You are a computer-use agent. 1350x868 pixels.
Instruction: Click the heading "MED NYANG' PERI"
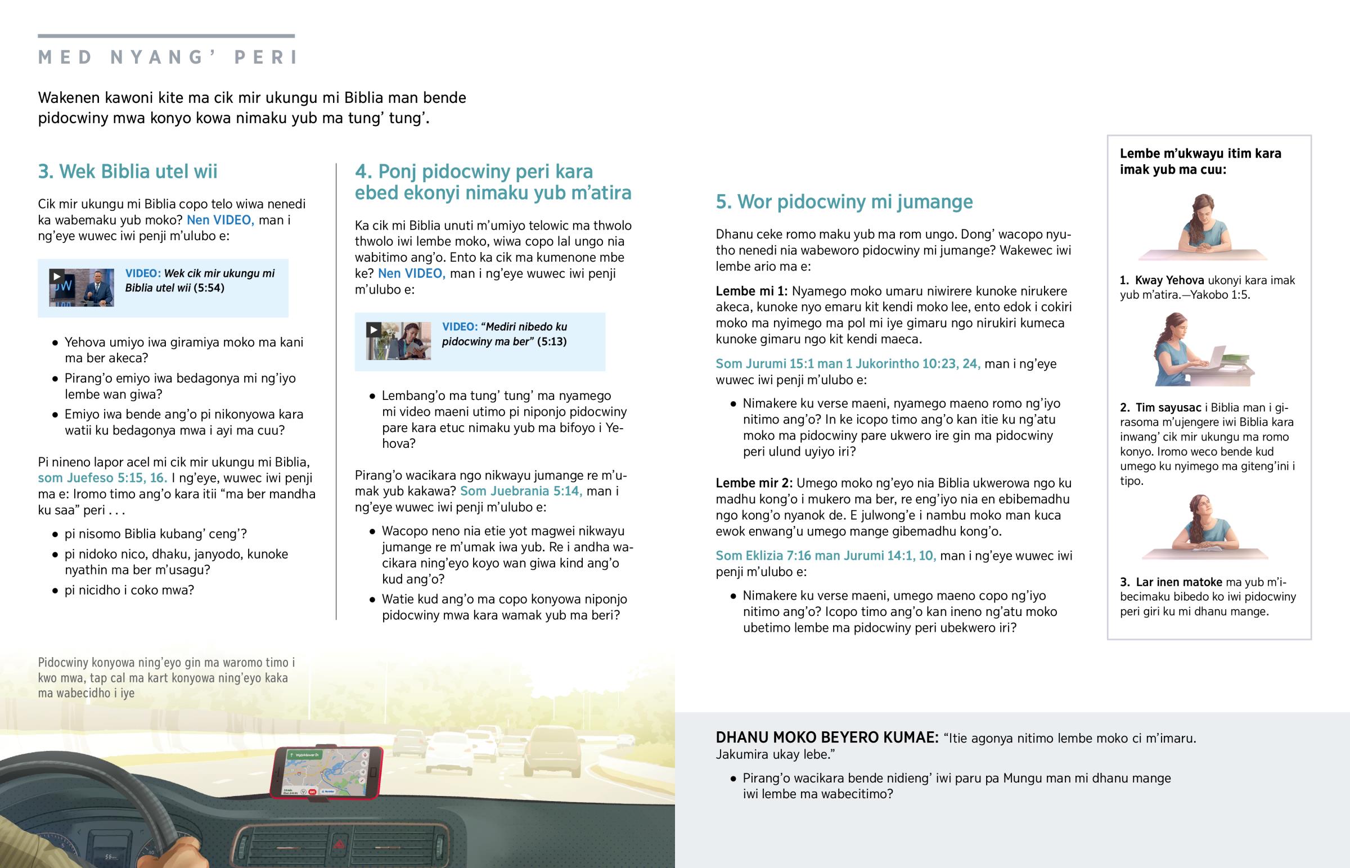point(168,57)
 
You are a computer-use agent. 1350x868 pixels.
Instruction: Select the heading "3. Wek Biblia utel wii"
point(127,172)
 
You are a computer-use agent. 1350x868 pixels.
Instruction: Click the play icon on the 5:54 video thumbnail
point(56,276)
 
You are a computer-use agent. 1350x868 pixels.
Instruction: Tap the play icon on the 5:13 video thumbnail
point(373,330)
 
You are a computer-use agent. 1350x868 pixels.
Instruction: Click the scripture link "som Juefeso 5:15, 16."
point(102,478)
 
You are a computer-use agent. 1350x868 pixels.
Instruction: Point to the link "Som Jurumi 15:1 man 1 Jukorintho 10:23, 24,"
point(848,364)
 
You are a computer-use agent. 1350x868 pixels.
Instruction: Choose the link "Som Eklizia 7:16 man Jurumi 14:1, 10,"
point(825,556)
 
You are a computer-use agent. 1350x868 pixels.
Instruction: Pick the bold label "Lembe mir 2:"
point(753,483)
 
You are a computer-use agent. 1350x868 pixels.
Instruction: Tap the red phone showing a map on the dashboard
point(327,772)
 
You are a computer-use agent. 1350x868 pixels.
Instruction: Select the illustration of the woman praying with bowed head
point(1203,227)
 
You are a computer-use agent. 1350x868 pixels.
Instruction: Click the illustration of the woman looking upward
point(1205,527)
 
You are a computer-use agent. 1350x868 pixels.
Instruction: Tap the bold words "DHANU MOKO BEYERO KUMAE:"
point(826,738)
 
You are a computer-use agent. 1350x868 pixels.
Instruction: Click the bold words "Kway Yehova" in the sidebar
point(1169,281)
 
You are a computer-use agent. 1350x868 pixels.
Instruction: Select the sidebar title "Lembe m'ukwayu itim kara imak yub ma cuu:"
point(1200,161)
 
